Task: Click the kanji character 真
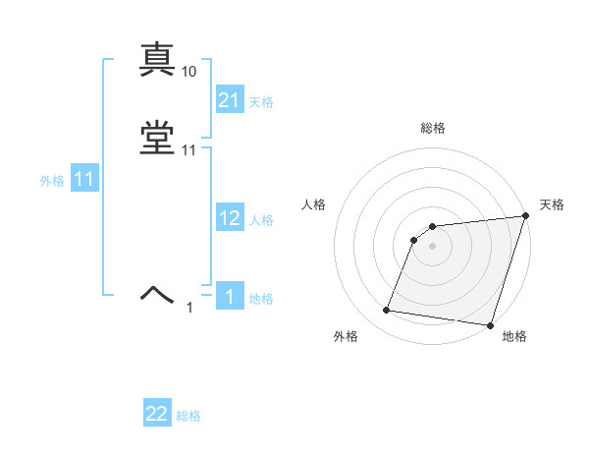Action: (157, 61)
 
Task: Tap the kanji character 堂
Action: (157, 139)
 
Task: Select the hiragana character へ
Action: (157, 293)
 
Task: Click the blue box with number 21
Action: (230, 99)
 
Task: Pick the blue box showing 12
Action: (230, 218)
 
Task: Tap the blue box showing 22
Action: (157, 414)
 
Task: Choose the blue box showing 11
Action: (84, 180)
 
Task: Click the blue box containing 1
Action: (230, 297)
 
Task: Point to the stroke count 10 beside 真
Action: (189, 72)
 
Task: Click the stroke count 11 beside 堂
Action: (189, 150)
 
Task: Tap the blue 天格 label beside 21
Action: (262, 101)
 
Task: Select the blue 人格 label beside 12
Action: (262, 220)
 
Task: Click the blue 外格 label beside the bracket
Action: (52, 181)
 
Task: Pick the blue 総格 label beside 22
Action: (188, 416)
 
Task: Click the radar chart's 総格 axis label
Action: (433, 128)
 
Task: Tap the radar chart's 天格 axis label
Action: (552, 204)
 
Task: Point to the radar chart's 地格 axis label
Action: (514, 337)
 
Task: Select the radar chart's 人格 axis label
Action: (314, 204)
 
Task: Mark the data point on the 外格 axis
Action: (387, 311)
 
